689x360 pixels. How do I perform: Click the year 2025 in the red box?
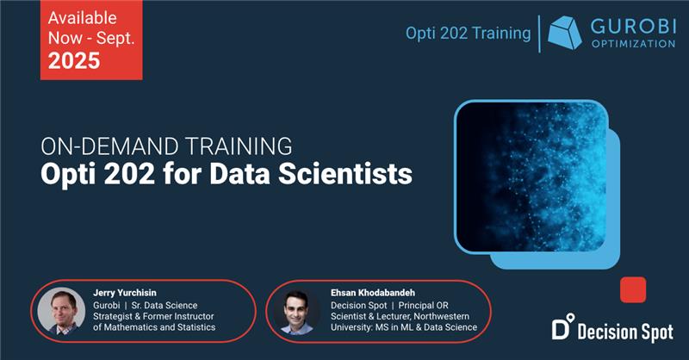(x=74, y=60)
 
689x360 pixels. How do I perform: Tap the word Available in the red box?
(x=82, y=18)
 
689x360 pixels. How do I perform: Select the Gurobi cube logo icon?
(x=565, y=33)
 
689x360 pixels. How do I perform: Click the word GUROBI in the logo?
(x=632, y=27)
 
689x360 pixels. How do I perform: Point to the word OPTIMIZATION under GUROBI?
(x=633, y=44)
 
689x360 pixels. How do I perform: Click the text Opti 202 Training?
(x=468, y=34)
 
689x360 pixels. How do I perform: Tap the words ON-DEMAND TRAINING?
(x=166, y=146)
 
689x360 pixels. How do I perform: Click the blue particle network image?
(x=531, y=177)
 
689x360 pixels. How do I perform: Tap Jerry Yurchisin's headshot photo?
(x=61, y=311)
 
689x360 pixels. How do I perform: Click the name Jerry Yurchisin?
(x=125, y=293)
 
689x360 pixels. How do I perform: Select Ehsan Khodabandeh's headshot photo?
(x=297, y=312)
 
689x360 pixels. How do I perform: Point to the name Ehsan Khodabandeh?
(x=373, y=293)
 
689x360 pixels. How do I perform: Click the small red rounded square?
(x=633, y=289)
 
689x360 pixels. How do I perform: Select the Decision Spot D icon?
(x=563, y=326)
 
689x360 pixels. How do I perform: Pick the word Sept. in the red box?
(x=115, y=39)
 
